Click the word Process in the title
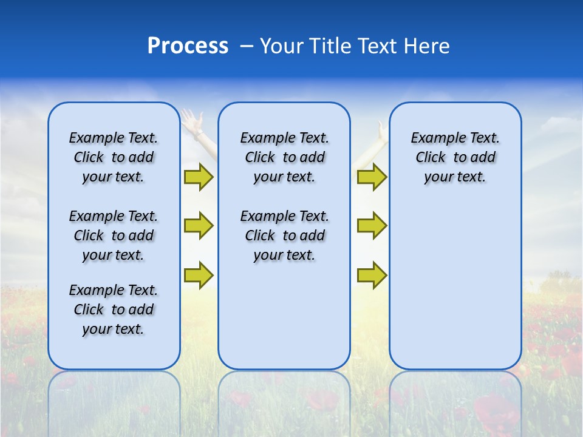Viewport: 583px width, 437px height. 188,46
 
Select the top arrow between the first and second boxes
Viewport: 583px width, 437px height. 199,177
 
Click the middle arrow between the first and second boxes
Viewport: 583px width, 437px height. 199,226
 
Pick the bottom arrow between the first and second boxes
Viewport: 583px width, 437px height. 199,275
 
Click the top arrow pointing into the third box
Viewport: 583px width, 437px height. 372,177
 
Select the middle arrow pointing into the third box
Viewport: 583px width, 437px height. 372,226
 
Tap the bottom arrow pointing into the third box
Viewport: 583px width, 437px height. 372,275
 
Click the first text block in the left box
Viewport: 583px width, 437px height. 114,157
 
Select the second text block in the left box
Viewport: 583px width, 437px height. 114,235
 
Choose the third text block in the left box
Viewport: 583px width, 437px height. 114,310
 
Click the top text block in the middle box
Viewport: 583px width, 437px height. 284,157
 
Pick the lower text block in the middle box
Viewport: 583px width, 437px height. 284,235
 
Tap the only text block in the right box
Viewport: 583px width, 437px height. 455,157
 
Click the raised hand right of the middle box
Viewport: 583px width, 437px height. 381,130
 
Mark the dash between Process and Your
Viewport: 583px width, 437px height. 247,47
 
